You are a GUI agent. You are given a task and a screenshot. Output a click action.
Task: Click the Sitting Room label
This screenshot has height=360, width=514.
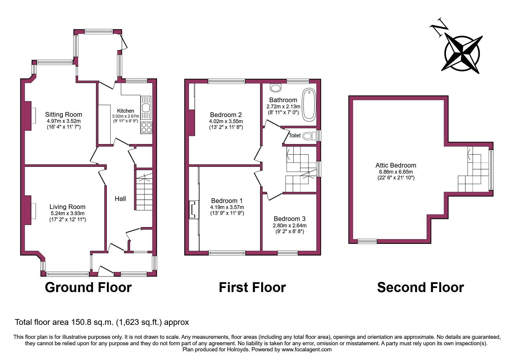(x=64, y=114)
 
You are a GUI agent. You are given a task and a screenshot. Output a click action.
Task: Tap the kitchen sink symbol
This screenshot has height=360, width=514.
(x=145, y=107)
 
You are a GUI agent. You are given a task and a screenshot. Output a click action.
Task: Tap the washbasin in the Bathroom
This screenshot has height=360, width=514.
(x=275, y=87)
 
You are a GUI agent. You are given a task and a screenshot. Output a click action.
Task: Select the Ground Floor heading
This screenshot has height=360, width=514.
(x=88, y=287)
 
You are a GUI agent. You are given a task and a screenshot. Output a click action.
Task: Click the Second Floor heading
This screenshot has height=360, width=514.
(x=420, y=287)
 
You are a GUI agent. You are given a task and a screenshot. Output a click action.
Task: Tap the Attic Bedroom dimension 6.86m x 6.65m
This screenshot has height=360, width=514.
(x=396, y=172)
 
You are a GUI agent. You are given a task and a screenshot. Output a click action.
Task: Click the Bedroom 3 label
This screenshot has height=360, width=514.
(x=289, y=219)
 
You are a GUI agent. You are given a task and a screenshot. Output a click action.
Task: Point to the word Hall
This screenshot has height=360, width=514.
(x=120, y=199)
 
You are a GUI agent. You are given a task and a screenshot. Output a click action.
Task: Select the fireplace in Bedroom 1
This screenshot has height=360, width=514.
(x=193, y=209)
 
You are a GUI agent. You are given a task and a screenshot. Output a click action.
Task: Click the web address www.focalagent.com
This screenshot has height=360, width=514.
(x=306, y=349)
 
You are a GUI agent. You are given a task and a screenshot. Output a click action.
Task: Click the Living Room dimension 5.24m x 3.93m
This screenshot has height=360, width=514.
(x=67, y=213)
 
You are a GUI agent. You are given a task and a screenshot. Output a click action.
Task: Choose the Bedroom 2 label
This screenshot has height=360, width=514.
(x=226, y=115)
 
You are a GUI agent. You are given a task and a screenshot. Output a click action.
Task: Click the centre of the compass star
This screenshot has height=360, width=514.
(x=462, y=54)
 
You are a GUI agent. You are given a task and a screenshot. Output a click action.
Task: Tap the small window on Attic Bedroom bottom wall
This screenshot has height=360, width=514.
(x=367, y=241)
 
